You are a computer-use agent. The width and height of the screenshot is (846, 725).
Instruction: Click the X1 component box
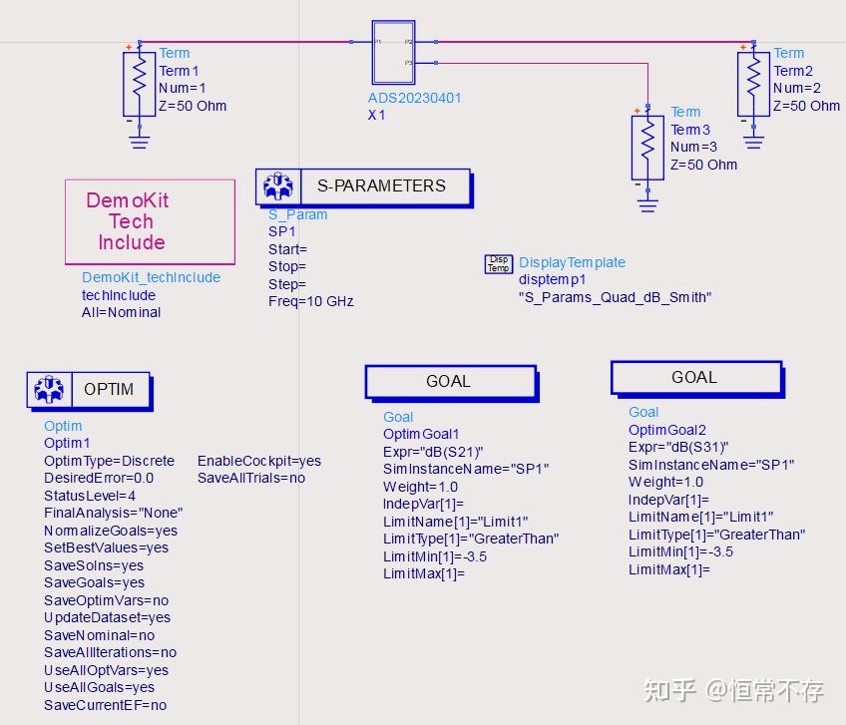[x=392, y=52]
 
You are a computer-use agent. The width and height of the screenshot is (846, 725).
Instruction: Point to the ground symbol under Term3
[x=647, y=203]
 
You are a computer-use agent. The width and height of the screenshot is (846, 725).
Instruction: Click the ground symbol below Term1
[x=140, y=142]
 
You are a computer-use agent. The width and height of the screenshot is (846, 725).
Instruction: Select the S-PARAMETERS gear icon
[x=276, y=186]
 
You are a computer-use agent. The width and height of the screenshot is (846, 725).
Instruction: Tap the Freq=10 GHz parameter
[x=310, y=301]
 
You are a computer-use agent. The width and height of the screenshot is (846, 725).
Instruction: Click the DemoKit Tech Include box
[x=150, y=221]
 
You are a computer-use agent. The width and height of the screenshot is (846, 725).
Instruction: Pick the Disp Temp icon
[x=498, y=263]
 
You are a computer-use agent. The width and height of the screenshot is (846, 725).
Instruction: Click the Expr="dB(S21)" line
[x=433, y=452]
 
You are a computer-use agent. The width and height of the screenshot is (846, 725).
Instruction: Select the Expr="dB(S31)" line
[x=678, y=447]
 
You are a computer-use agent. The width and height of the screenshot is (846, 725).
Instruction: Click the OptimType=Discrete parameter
[x=109, y=461]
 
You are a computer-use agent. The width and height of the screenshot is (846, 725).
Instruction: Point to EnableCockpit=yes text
[x=258, y=461]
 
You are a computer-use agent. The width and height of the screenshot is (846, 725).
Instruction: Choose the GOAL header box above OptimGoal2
[x=694, y=378]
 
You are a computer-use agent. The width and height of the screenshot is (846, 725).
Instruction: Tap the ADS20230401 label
[x=414, y=98]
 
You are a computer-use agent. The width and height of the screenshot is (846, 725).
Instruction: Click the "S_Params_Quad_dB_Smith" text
[x=615, y=297]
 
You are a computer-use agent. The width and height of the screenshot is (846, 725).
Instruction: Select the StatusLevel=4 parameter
[x=90, y=496]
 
